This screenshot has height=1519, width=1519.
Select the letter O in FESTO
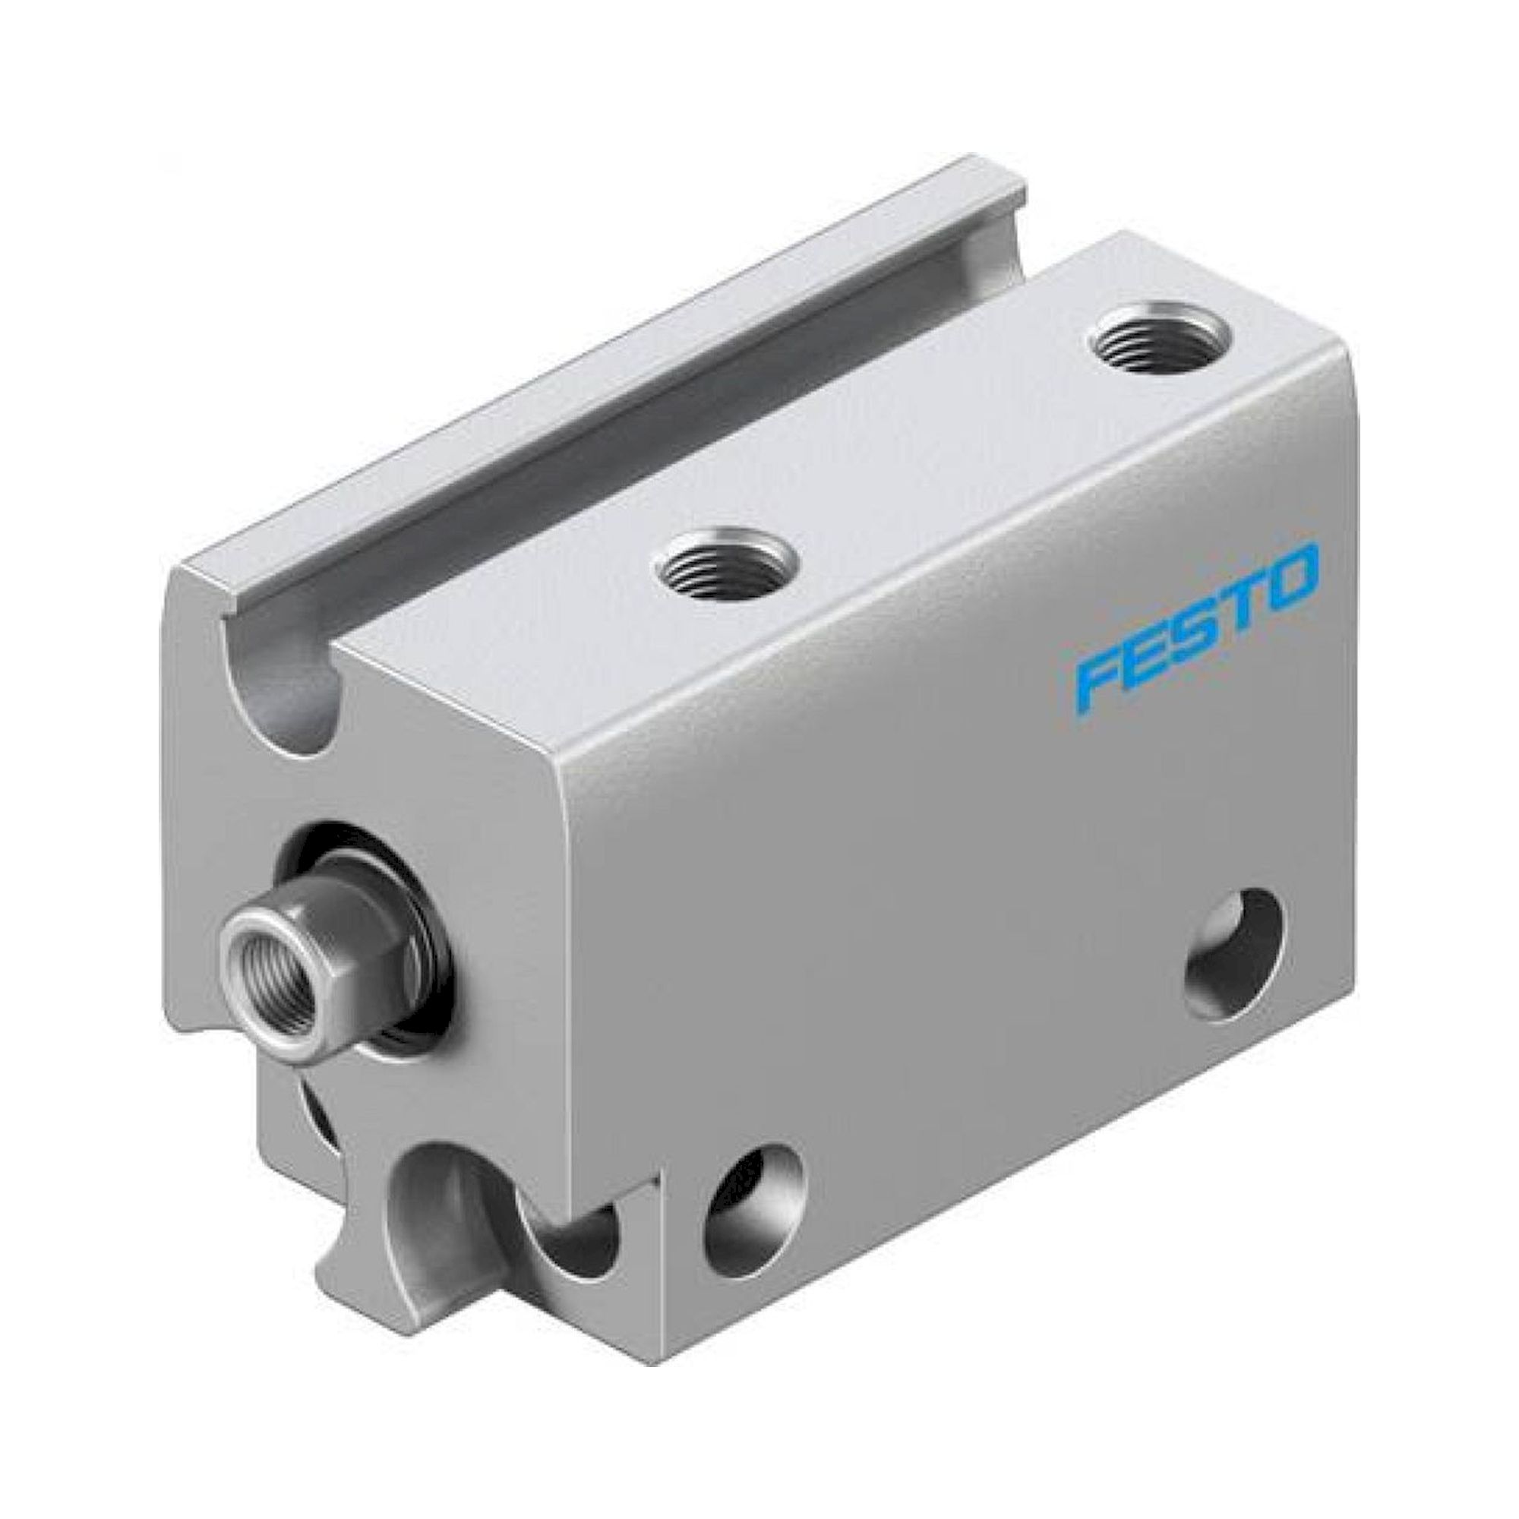(1288, 576)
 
